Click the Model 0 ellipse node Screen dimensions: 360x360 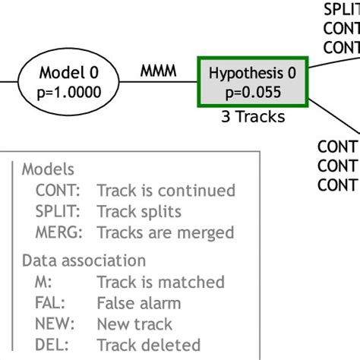pyautogui.click(x=69, y=82)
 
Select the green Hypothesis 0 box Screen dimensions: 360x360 pyautogui.click(x=253, y=82)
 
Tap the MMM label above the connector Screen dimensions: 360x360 pyautogui.click(x=158, y=71)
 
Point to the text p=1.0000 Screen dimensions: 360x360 pyautogui.click(x=69, y=93)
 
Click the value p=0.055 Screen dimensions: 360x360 pyautogui.click(x=253, y=93)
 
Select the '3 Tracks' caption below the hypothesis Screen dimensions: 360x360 pyautogui.click(x=253, y=117)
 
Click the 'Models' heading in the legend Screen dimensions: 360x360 pyautogui.click(x=47, y=169)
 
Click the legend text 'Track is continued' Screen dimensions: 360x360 pyautogui.click(x=166, y=191)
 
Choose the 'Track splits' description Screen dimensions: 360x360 pyautogui.click(x=139, y=212)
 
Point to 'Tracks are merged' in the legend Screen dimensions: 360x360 pyautogui.click(x=165, y=232)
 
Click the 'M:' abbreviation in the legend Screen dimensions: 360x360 pyautogui.click(x=43, y=283)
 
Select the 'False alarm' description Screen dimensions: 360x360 pyautogui.click(x=139, y=304)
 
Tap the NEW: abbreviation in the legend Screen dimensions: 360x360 pyautogui.click(x=55, y=324)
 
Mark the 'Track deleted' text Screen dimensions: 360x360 pyautogui.click(x=148, y=346)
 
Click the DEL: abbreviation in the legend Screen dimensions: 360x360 pyautogui.click(x=52, y=346)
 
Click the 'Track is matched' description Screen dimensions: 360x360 pyautogui.click(x=160, y=283)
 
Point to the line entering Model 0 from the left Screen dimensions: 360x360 pyautogui.click(x=8, y=82)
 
